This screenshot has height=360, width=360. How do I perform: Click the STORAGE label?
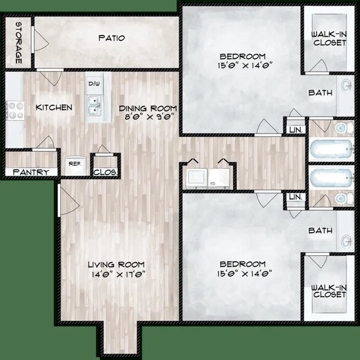18,42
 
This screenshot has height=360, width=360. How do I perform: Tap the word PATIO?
111,38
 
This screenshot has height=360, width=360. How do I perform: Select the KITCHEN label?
54,108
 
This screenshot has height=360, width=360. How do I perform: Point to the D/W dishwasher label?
94,84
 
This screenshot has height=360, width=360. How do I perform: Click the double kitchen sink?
94,106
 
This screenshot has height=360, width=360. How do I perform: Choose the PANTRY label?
31,173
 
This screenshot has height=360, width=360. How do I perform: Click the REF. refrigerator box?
74,164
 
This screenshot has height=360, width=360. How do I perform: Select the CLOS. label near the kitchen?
105,173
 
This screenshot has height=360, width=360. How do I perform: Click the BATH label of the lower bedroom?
320,231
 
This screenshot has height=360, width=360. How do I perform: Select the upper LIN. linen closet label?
295,129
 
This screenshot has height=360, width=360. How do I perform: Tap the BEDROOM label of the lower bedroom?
244,264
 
